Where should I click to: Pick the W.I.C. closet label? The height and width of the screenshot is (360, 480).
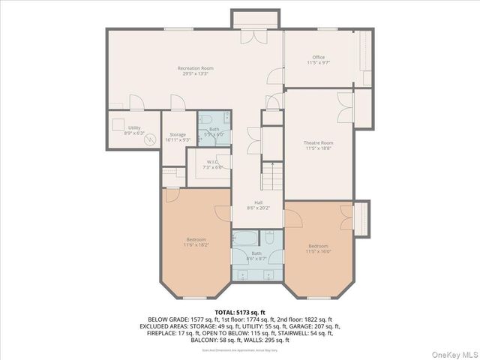click(208, 163)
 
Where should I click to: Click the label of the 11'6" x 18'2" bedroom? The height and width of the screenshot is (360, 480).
click(196, 241)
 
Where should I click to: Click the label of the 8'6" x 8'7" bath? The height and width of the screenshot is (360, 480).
click(257, 256)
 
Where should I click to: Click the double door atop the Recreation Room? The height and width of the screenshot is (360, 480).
click(249, 35)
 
